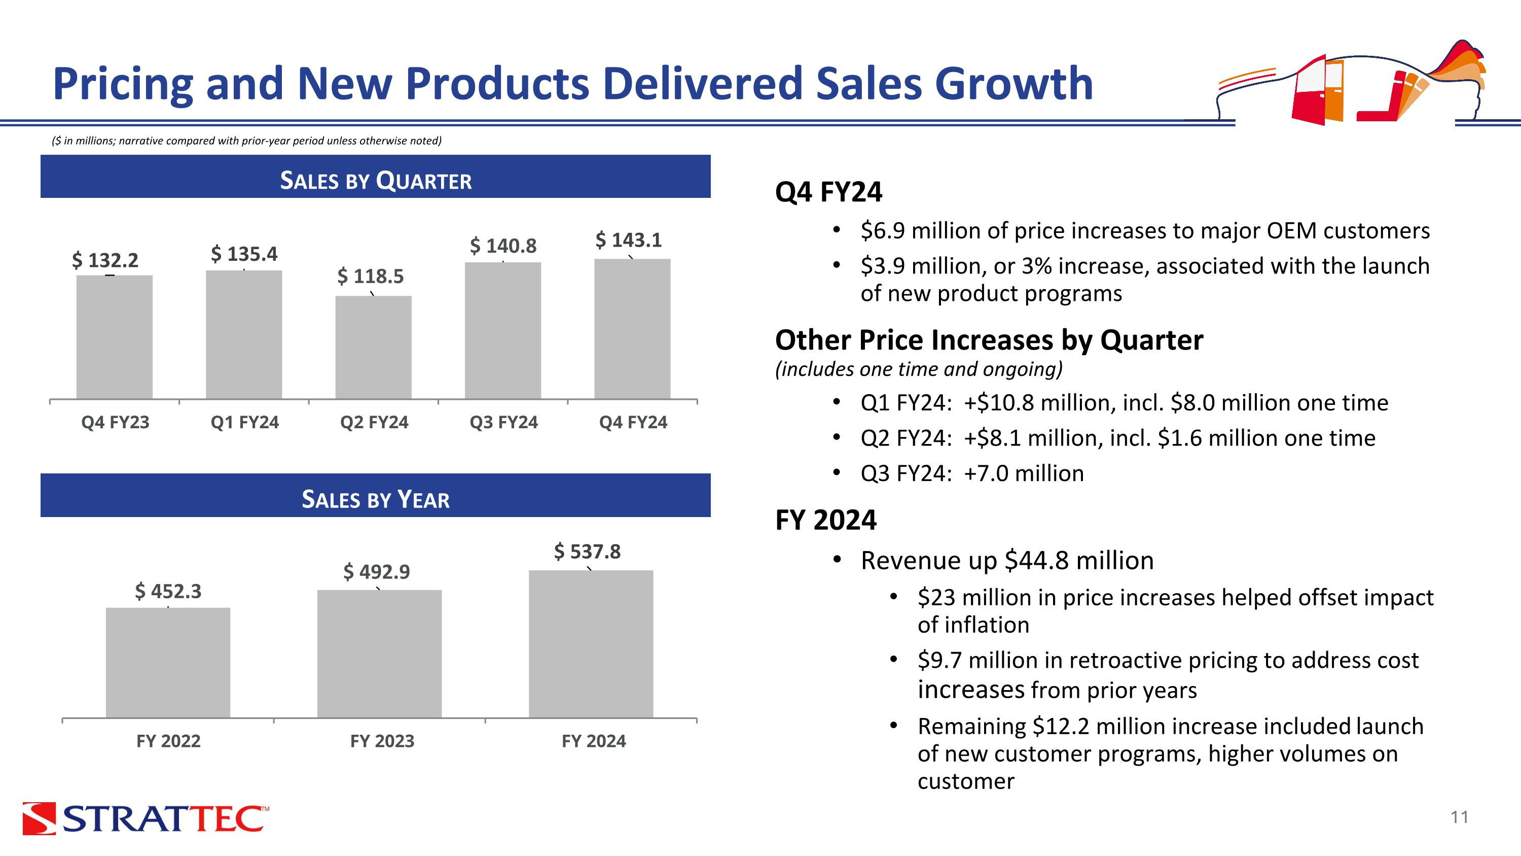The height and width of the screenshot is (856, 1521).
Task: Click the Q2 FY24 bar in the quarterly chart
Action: [x=373, y=348]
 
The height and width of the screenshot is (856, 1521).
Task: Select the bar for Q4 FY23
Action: [x=115, y=337]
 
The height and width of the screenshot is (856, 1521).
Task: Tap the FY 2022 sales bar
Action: [x=168, y=663]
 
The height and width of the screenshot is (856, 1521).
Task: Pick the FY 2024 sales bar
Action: [x=591, y=644]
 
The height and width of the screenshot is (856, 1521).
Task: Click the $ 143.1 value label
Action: [x=628, y=240]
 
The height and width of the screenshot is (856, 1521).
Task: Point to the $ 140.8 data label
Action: [x=503, y=246]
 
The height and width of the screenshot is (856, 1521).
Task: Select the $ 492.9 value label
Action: [x=377, y=572]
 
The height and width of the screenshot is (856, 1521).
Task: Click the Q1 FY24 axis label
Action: [x=244, y=422]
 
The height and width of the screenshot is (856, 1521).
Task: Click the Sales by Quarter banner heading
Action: [x=376, y=180]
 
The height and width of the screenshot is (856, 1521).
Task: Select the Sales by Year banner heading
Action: [x=376, y=499]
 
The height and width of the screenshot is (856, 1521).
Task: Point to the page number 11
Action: [x=1460, y=817]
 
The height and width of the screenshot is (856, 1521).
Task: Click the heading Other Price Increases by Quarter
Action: [x=989, y=340]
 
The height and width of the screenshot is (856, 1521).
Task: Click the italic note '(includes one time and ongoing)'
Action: [x=919, y=369]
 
